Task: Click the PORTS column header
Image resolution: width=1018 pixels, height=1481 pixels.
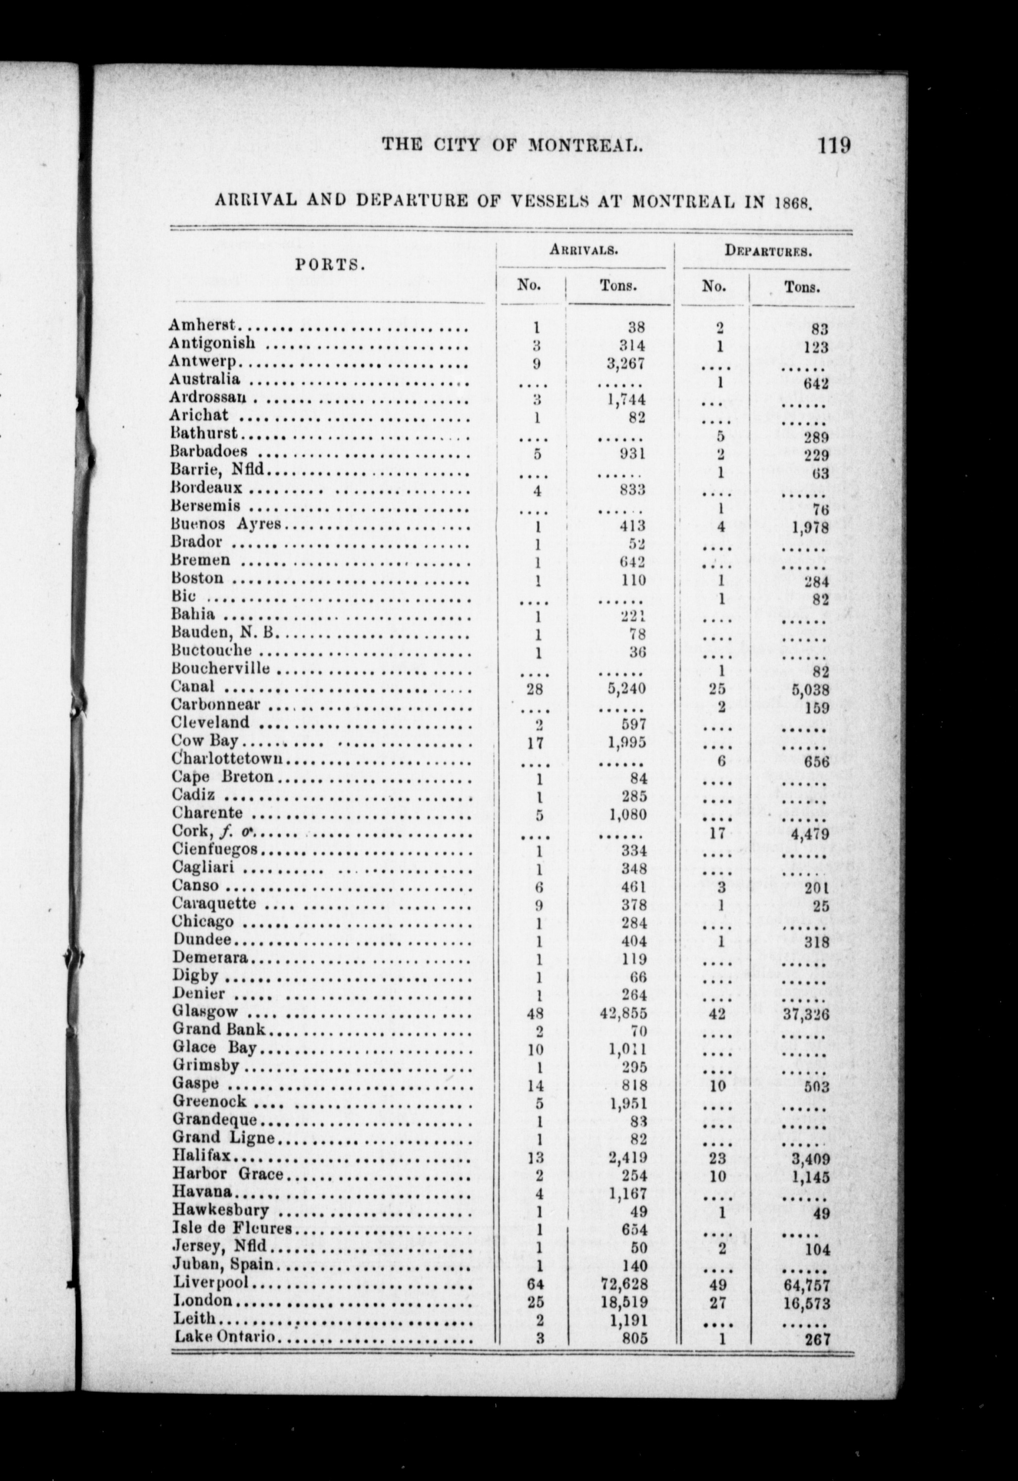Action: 330,265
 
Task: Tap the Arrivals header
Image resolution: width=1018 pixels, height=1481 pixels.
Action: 584,250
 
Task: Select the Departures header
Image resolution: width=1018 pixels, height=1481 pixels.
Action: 768,250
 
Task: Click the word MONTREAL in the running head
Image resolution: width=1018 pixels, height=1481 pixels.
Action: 585,146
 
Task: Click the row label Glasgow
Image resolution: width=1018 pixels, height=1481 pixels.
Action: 205,1012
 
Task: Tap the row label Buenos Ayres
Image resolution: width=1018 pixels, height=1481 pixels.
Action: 226,524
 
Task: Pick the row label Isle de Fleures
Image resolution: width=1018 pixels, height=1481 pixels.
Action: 232,1228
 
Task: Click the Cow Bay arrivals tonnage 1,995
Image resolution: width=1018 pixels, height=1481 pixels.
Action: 626,741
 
